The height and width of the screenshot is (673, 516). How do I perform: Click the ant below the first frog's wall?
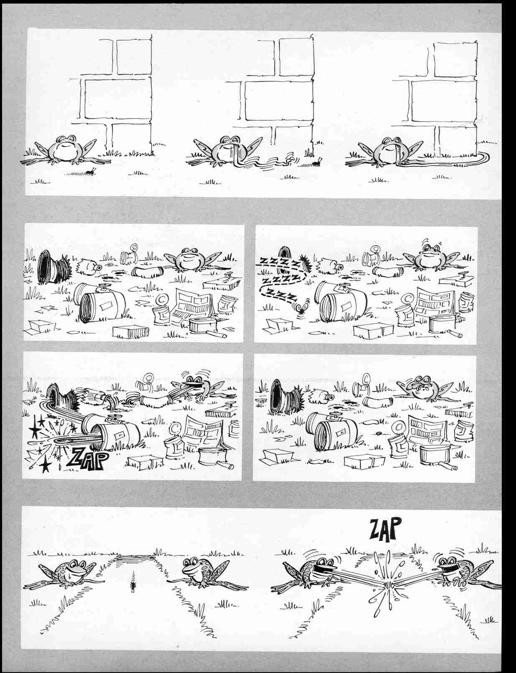[92, 171]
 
